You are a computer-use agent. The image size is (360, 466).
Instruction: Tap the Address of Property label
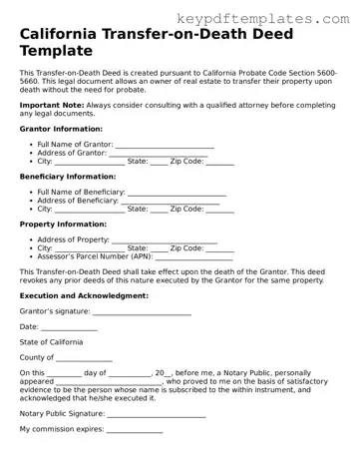coord(72,239)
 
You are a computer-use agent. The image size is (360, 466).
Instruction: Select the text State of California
coord(52,342)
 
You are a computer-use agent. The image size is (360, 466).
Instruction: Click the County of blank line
coord(84,357)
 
